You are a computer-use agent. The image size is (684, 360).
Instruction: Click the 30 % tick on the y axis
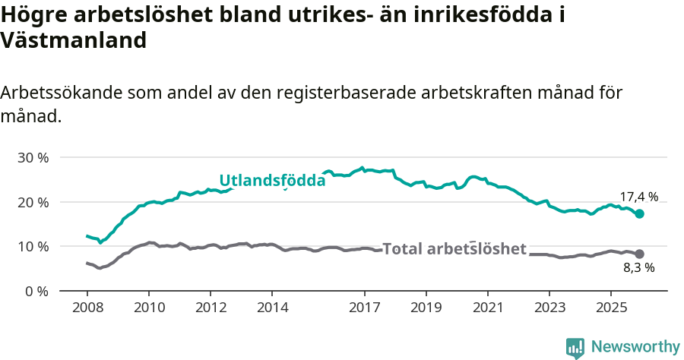click(x=33, y=158)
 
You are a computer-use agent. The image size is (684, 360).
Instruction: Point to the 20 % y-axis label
click(x=33, y=202)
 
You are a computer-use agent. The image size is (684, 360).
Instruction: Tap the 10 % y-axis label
click(x=33, y=247)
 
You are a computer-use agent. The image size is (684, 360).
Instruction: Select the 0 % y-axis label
click(x=36, y=291)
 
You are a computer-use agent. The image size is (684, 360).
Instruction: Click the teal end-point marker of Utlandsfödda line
click(x=640, y=214)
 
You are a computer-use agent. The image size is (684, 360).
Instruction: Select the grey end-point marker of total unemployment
click(x=640, y=254)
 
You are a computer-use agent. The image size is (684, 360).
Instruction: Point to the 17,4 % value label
click(x=638, y=197)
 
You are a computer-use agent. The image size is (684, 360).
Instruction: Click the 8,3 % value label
click(x=638, y=267)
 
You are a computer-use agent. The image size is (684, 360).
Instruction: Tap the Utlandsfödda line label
click(x=272, y=181)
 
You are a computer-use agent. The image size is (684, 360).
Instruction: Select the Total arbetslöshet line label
click(x=454, y=249)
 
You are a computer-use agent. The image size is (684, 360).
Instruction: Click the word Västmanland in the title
click(x=74, y=41)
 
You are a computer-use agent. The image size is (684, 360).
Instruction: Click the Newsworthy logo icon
click(x=575, y=348)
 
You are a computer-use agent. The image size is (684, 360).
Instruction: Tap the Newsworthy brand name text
click(x=635, y=347)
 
